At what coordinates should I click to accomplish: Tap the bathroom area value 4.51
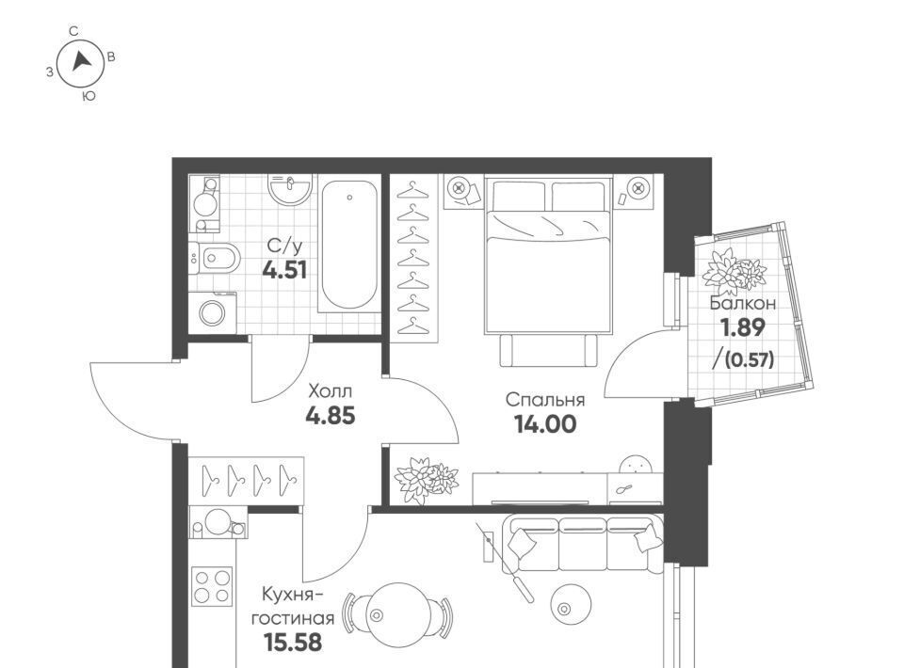click(284, 269)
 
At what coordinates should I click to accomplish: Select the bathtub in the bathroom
click(349, 245)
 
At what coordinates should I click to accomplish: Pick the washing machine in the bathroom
click(212, 312)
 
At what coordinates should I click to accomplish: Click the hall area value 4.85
click(330, 415)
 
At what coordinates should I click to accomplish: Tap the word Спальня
click(545, 400)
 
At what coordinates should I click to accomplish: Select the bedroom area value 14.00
click(545, 424)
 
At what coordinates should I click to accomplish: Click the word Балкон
click(743, 303)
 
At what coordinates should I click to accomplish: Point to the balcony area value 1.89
click(744, 327)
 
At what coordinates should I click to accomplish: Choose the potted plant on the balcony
click(734, 272)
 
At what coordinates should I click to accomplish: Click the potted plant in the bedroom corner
click(426, 480)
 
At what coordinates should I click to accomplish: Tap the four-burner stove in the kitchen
click(212, 586)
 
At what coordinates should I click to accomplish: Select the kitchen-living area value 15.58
click(293, 642)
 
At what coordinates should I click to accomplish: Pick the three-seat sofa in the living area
click(582, 543)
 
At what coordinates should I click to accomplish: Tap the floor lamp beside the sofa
click(505, 563)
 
